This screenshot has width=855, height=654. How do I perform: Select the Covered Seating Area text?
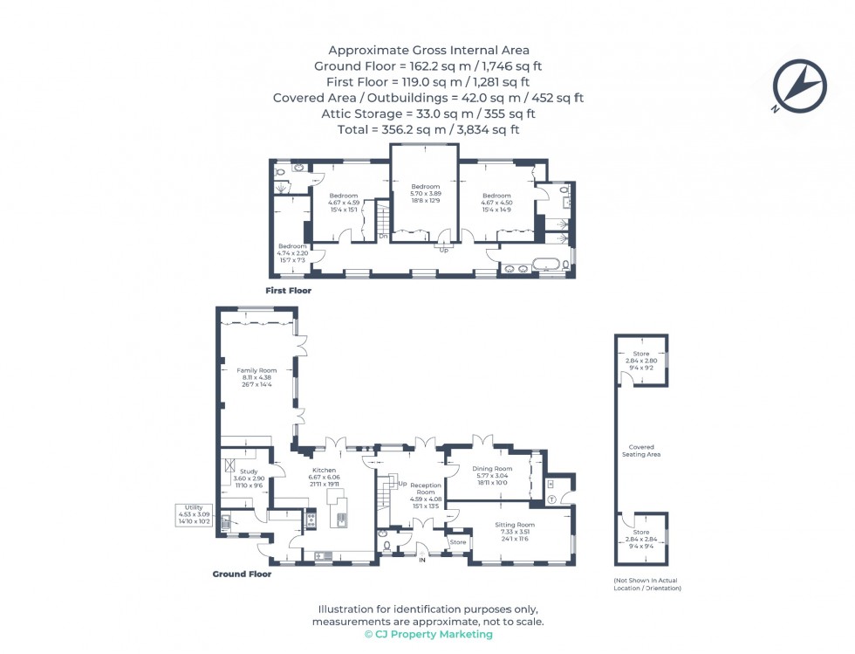[x=641, y=451]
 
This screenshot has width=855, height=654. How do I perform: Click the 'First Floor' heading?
[x=289, y=291]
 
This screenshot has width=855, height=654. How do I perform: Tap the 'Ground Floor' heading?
[x=242, y=574]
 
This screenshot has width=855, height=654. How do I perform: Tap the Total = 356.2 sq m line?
[x=427, y=129]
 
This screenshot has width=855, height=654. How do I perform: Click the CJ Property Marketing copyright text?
[x=427, y=634]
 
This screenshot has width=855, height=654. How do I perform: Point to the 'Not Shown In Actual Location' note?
[x=646, y=585]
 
